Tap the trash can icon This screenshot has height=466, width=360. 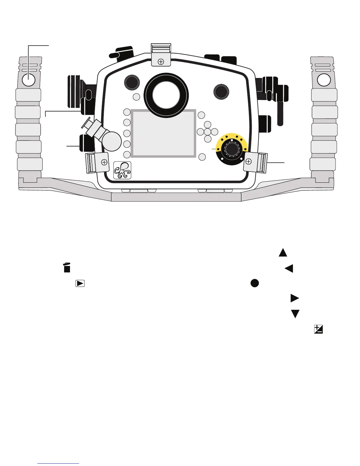67,267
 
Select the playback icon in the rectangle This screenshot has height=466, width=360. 80,283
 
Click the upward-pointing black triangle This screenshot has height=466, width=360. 283,252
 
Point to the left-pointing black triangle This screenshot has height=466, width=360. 289,268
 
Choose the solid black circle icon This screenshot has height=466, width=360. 255,283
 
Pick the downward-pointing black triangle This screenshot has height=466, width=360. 295,314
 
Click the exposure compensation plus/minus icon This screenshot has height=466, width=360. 318,329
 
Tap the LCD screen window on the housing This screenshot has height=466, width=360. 163,133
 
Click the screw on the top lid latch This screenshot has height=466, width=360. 161,62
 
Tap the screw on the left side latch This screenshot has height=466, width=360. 104,162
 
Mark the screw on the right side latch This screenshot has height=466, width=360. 249,161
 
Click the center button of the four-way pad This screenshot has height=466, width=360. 207,131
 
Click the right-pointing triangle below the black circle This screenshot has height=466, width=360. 295,298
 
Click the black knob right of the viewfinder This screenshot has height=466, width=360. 221,91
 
